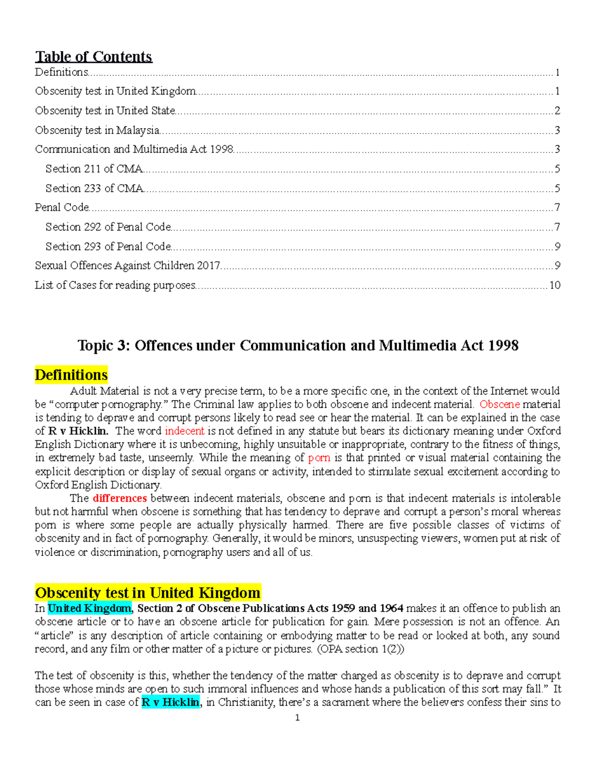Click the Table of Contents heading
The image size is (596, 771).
[x=93, y=57]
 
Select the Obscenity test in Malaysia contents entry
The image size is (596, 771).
[x=97, y=130]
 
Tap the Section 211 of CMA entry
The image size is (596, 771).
[x=94, y=169]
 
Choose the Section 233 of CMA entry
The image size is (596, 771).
[x=94, y=188]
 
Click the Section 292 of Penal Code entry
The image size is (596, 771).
[x=108, y=227]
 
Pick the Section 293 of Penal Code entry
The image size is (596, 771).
[x=108, y=246]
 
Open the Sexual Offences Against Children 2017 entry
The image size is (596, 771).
[x=128, y=266]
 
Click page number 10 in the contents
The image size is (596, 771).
[x=554, y=285]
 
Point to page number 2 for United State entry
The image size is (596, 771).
[x=557, y=111]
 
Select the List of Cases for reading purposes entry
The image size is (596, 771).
[x=115, y=285]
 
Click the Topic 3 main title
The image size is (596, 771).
[x=298, y=345]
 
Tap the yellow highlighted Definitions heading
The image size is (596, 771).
[x=71, y=375]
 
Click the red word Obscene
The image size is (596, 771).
[x=499, y=404]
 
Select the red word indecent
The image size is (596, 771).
[x=184, y=431]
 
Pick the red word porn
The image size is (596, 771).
[x=319, y=458]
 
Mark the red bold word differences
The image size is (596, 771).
[x=120, y=498]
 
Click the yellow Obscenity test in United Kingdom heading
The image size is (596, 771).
[x=148, y=593]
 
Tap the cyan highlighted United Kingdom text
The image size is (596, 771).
[x=89, y=608]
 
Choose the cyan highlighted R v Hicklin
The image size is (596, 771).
[x=170, y=702]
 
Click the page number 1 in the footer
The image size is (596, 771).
[x=297, y=718]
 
